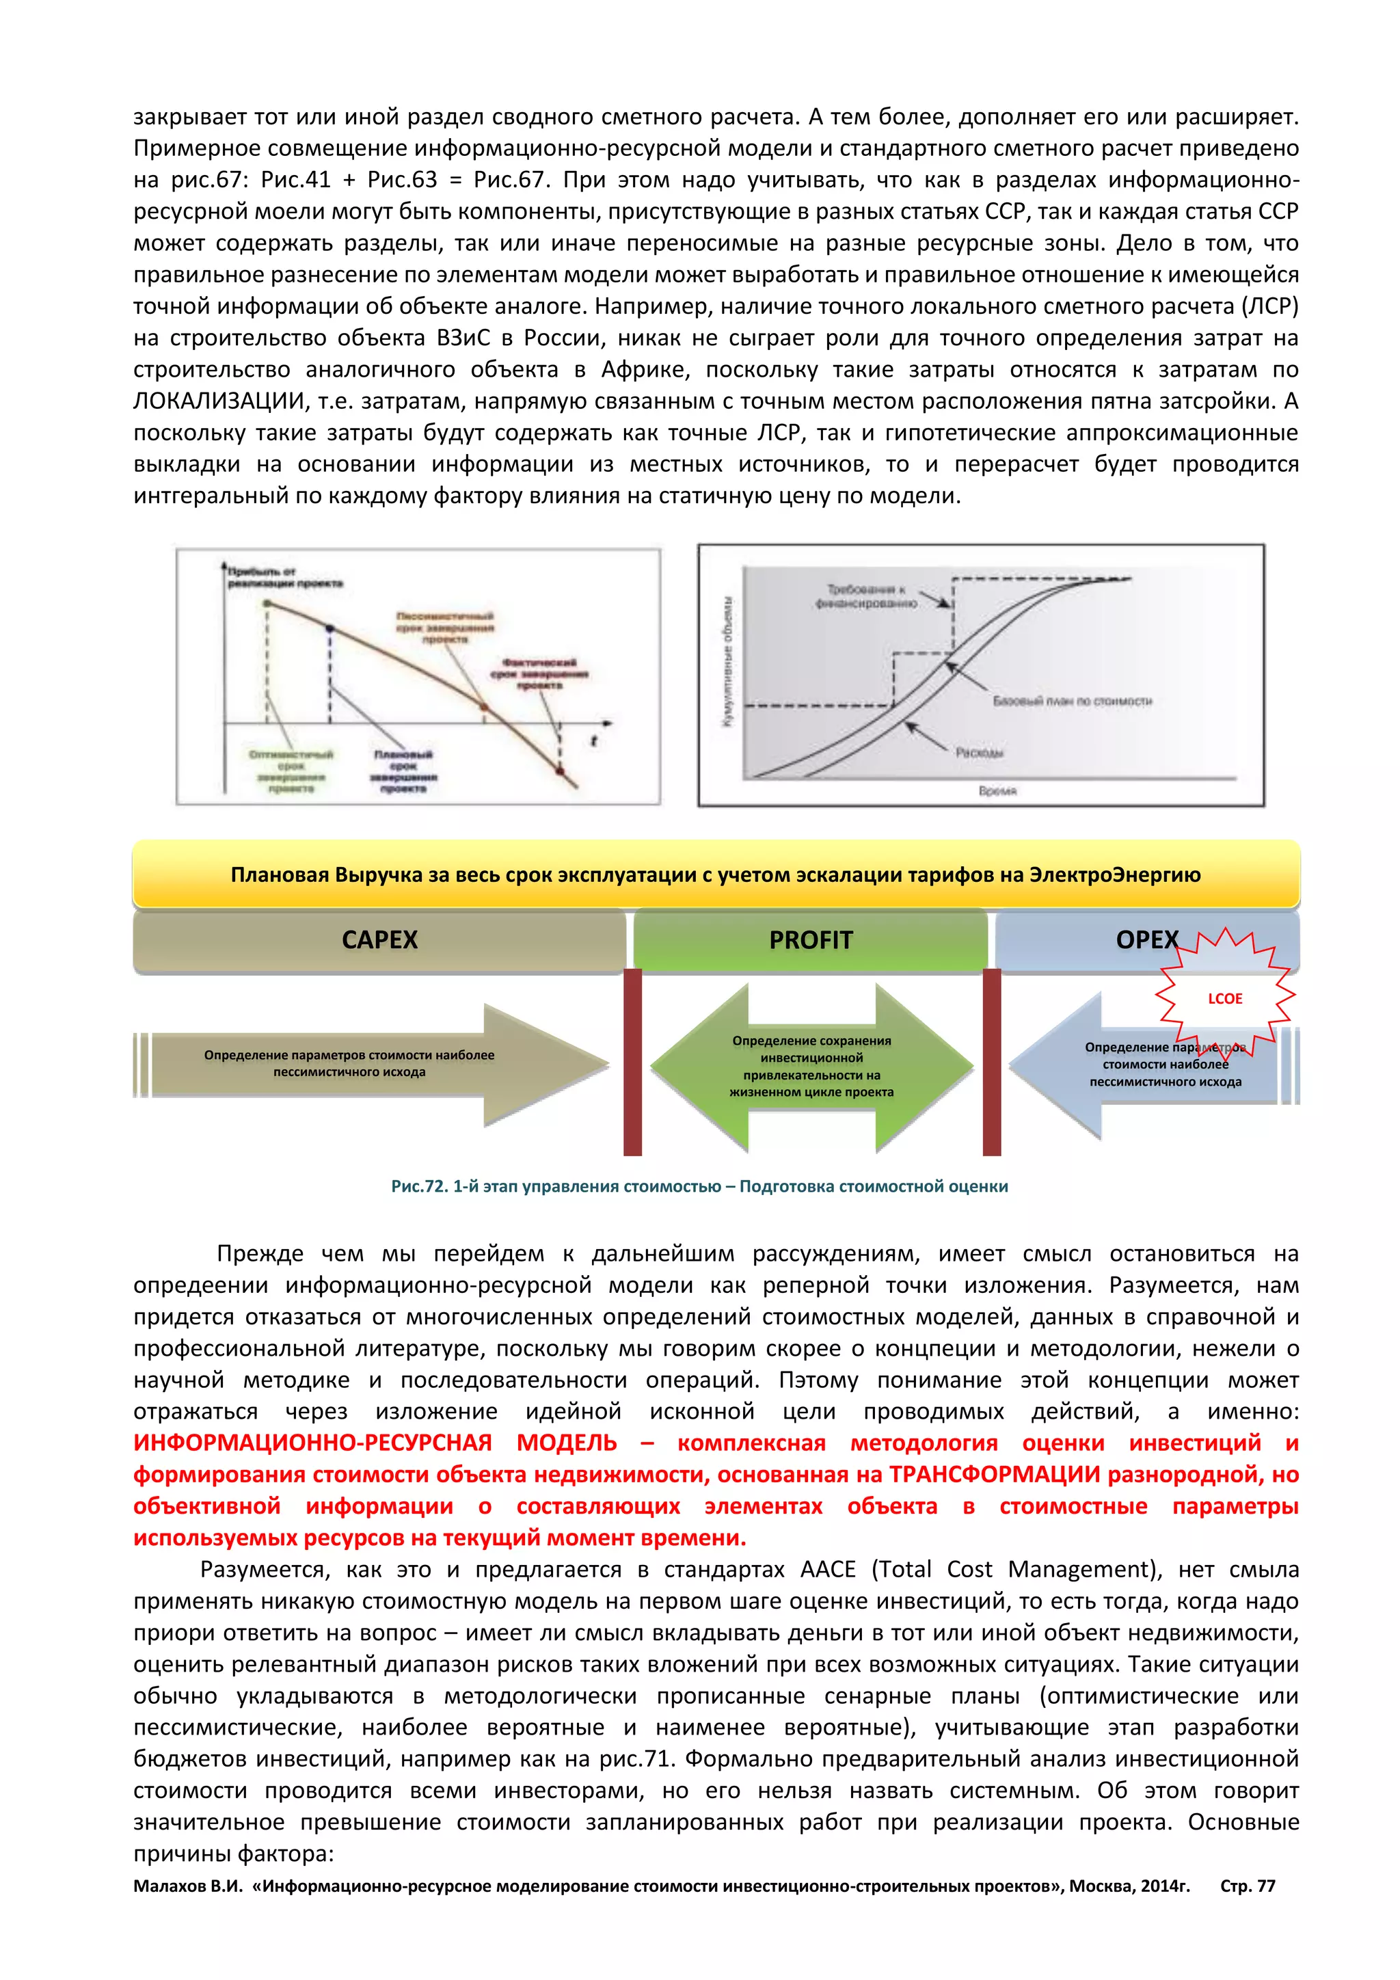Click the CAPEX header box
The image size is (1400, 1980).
379,940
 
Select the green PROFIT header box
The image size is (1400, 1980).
810,940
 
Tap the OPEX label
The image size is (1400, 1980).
1146,940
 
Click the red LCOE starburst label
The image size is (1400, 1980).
1224,999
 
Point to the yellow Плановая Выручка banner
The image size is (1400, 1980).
716,874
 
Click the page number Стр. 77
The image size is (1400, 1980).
1248,1886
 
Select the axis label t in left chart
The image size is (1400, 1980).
593,740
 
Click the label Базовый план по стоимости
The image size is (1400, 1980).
1073,701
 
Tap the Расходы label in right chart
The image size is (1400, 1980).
980,753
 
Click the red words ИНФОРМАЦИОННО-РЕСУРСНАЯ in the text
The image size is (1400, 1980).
312,1443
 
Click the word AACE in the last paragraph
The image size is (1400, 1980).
828,1570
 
